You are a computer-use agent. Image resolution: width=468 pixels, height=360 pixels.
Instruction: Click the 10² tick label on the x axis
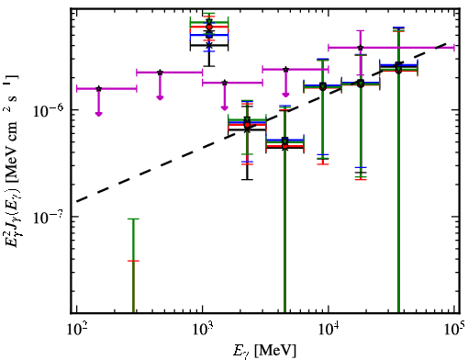76,329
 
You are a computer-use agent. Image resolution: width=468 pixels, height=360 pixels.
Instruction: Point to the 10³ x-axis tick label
203,329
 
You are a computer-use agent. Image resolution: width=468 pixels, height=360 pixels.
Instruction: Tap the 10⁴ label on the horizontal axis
329,329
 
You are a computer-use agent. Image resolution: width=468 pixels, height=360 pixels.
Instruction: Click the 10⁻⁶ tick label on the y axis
50,110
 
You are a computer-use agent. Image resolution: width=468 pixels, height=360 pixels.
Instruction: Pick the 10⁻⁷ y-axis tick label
50,217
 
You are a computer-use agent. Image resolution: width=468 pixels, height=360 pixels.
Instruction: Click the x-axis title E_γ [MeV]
264,351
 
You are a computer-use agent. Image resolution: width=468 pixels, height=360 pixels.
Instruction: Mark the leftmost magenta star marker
98,89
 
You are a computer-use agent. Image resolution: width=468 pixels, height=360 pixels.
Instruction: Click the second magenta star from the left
160,73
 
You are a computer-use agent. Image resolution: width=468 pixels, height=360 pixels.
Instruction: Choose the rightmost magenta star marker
361,48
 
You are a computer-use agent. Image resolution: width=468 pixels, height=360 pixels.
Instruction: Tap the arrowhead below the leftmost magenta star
98,114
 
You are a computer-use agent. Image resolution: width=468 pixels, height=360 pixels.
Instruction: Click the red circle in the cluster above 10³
209,27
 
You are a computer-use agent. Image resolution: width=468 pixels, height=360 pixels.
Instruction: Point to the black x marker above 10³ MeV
209,45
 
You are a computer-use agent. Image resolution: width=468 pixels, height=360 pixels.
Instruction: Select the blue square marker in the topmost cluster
209,35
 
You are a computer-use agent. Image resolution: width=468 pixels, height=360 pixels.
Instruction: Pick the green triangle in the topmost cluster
209,22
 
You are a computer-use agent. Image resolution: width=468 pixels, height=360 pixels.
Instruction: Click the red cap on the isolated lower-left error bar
133,261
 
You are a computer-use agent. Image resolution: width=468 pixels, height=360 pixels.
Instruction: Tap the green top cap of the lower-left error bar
133,219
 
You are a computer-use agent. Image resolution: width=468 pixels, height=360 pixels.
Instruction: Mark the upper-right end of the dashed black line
445,43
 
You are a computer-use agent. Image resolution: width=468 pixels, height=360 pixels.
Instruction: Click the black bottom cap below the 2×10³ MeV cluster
247,179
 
